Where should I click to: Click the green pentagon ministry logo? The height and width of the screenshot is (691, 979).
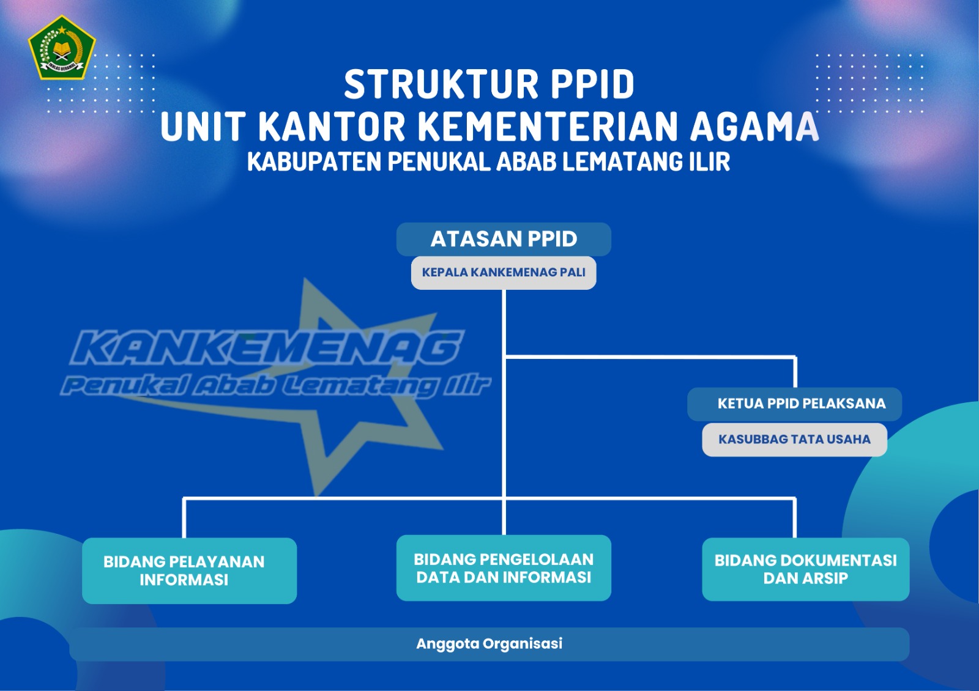click(62, 48)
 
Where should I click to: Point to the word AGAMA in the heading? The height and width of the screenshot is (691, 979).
click(754, 127)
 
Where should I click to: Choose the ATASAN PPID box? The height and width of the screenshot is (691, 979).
click(504, 239)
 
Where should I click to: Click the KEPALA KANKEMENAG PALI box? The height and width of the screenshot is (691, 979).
click(504, 273)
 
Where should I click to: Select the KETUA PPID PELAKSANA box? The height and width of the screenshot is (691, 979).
click(794, 404)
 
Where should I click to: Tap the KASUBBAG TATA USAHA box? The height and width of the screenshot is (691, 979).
click(795, 440)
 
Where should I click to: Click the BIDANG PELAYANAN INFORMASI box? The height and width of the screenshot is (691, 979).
click(189, 571)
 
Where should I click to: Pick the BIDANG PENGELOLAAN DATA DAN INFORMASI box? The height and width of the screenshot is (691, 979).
click(504, 568)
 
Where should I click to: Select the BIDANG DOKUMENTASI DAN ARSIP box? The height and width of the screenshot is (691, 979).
click(805, 569)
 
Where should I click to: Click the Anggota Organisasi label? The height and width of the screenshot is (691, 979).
click(489, 643)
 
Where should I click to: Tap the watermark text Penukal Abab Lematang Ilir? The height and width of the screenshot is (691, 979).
click(275, 385)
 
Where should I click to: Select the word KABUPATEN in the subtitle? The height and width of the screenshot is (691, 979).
click(315, 161)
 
